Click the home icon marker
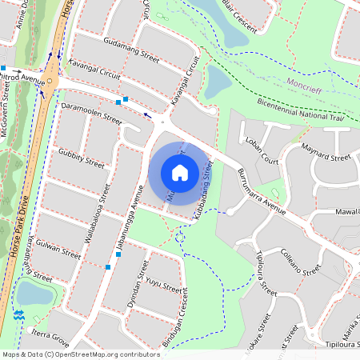pyautogui.click(x=180, y=172)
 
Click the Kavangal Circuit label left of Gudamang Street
pyautogui.click(x=94, y=69)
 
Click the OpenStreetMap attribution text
pyautogui.click(x=80, y=354)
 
